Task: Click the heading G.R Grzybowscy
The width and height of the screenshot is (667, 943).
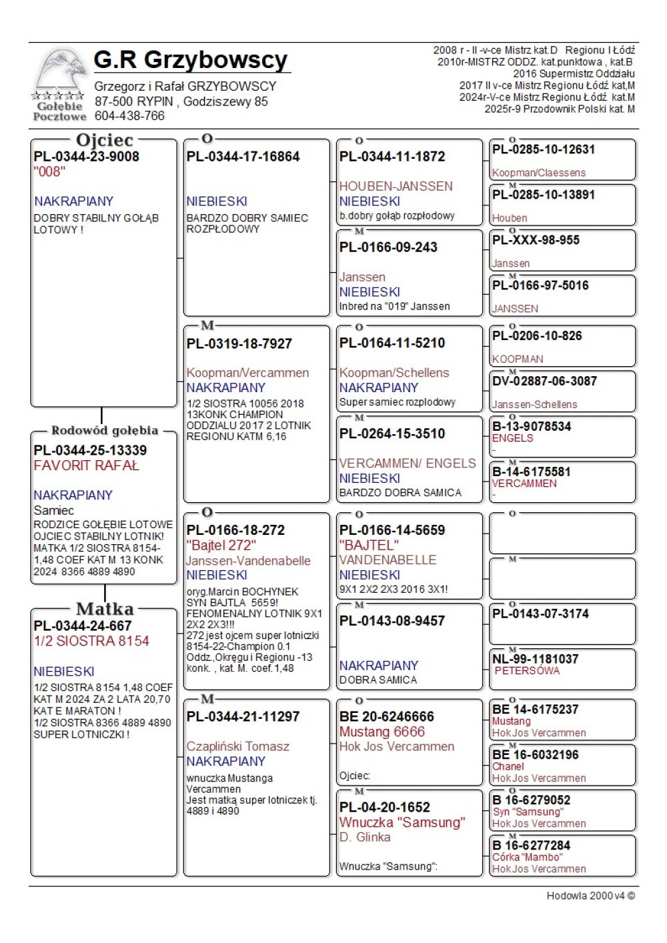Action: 191,60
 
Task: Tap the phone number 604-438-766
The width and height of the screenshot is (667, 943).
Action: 129,116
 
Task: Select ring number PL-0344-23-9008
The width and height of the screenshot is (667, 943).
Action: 87,157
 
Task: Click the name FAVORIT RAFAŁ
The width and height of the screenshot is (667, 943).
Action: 87,465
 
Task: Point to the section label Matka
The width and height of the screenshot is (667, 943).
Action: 105,609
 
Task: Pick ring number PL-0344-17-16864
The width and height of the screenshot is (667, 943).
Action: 243,157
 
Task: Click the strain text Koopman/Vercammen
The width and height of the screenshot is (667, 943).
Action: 247,373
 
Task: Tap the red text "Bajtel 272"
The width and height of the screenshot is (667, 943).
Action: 221,546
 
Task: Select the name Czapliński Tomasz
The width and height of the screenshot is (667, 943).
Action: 238,746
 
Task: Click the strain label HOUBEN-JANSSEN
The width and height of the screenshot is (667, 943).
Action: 396,186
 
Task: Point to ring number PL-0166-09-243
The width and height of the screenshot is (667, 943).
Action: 388,247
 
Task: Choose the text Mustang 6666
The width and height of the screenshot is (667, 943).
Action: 382,732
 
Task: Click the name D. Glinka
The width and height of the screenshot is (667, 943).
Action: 365,837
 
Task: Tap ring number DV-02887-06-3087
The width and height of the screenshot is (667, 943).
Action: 544,381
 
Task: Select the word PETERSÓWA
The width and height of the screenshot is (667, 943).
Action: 527,671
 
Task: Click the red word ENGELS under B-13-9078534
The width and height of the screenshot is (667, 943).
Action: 512,438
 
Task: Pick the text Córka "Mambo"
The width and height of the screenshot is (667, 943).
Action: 527,857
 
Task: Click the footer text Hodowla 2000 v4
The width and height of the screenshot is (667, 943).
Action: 590,896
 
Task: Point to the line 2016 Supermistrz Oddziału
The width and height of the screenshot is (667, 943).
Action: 574,73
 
